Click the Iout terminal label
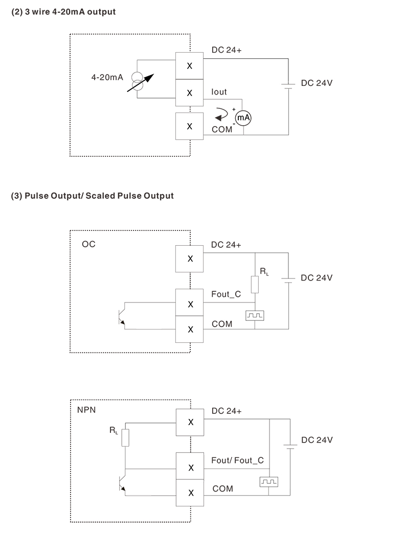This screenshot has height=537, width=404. pyautogui.click(x=219, y=92)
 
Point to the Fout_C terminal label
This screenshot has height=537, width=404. pyautogui.click(x=226, y=294)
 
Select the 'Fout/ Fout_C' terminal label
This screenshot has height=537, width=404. pyautogui.click(x=237, y=460)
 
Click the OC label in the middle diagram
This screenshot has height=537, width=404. pyautogui.click(x=88, y=244)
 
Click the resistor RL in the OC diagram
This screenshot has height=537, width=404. pyautogui.click(x=255, y=284)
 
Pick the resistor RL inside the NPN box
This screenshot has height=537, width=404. pyautogui.click(x=125, y=438)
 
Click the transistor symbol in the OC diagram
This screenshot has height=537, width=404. pyautogui.click(x=121, y=316)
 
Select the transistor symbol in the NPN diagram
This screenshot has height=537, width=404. pyautogui.click(x=122, y=482)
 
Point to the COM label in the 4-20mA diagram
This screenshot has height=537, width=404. pyautogui.click(x=222, y=130)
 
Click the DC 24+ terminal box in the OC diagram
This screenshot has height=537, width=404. pyautogui.click(x=190, y=259)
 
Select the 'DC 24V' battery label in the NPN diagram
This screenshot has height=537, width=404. pyautogui.click(x=317, y=440)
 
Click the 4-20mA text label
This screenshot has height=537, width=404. pyautogui.click(x=107, y=78)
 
